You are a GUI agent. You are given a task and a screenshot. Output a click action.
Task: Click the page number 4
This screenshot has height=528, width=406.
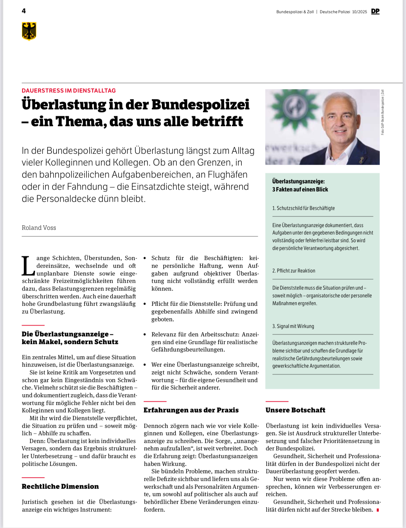[x=24, y=11]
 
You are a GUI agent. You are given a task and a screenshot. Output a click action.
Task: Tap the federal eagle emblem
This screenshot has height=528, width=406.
[x=29, y=31]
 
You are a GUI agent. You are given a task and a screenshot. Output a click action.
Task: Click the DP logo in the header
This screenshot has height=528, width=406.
[x=375, y=11]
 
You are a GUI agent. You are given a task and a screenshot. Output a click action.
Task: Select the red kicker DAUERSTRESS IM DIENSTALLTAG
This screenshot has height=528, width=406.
[x=69, y=90]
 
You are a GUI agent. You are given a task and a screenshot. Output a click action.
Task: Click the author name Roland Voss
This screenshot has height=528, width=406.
[x=39, y=228]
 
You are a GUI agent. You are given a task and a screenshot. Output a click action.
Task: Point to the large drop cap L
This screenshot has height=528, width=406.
[x=28, y=266]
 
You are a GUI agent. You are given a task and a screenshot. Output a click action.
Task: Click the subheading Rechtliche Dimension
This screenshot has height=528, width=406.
[x=60, y=486]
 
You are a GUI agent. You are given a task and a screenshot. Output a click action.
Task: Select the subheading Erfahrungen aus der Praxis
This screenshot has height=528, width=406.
[x=191, y=410]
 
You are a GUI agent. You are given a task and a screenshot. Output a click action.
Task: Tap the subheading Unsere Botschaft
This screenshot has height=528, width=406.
[x=295, y=410]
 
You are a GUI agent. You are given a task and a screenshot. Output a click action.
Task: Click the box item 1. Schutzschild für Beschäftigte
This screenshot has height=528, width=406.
[x=303, y=208]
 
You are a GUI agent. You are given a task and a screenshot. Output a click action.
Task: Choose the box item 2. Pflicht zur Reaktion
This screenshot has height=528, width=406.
[x=294, y=271]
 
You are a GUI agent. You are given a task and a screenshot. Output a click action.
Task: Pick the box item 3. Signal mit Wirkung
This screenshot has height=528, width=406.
[x=293, y=326]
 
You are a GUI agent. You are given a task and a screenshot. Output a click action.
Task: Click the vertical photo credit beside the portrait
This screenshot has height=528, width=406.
[x=382, y=112]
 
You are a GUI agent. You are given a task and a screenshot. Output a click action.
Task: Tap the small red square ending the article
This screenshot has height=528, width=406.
[x=378, y=510]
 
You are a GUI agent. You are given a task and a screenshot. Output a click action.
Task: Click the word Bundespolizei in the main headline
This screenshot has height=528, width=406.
[x=200, y=105]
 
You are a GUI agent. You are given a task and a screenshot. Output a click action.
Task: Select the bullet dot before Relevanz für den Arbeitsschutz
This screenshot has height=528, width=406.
[x=145, y=335]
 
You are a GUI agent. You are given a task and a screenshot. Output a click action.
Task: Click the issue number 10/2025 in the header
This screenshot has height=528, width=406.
[x=359, y=12]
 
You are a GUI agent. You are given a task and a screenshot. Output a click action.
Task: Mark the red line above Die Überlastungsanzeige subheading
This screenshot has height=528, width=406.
[x=33, y=325]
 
